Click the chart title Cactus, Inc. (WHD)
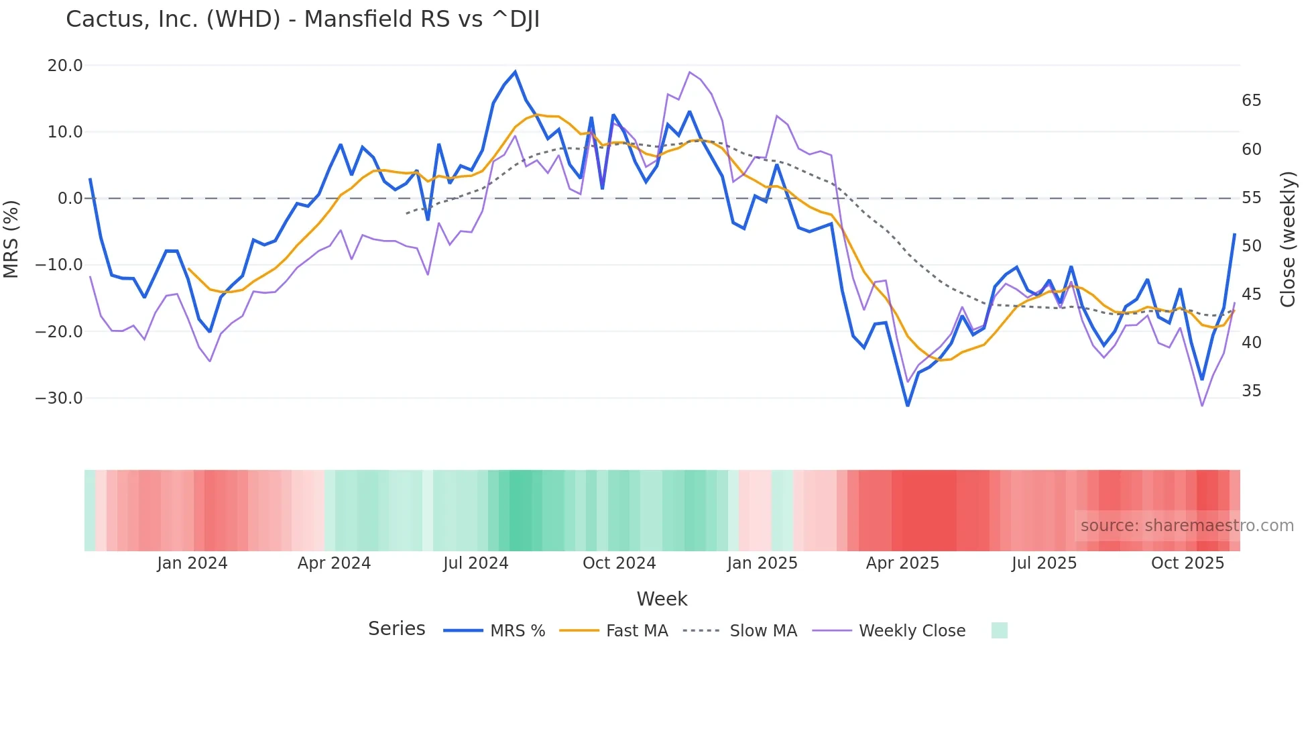click(302, 19)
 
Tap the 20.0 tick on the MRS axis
click(65, 66)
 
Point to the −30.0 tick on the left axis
click(59, 398)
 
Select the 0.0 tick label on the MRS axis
click(70, 198)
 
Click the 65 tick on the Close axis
click(1251, 101)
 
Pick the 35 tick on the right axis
click(1251, 391)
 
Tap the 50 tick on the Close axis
click(1251, 246)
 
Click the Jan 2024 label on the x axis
click(192, 563)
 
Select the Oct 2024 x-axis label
click(619, 563)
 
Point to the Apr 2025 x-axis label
click(902, 563)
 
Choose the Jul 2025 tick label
click(1044, 563)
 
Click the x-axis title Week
click(662, 599)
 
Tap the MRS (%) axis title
click(11, 239)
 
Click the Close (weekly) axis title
click(1288, 239)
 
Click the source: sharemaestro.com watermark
click(1187, 526)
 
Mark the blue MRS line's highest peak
click(515, 72)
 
